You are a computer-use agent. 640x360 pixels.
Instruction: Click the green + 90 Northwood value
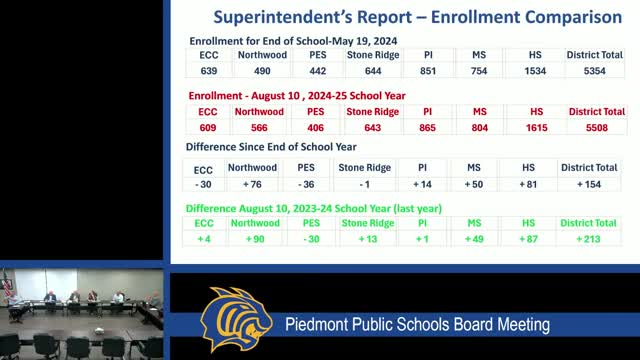point(254,240)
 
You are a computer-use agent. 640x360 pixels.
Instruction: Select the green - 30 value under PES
point(311,240)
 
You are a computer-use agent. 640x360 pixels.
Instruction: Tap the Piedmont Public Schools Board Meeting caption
point(417,325)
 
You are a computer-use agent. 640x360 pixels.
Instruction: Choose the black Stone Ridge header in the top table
point(374,54)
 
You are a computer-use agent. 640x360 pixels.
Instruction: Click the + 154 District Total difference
point(589,185)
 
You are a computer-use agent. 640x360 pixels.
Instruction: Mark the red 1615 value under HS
point(536,128)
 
